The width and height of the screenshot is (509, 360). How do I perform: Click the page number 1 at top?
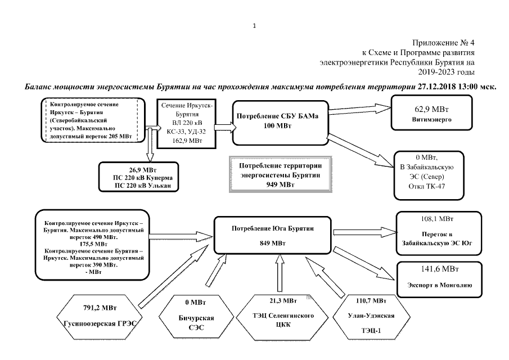(x=254, y=25)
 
